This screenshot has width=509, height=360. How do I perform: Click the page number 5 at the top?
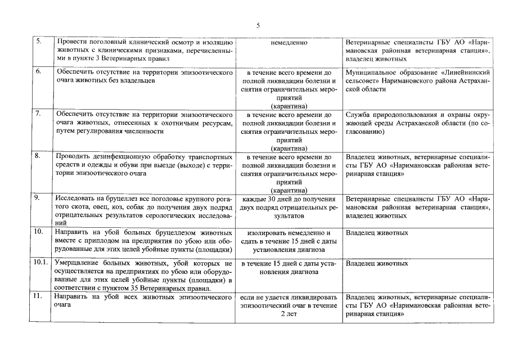pyautogui.click(x=258, y=25)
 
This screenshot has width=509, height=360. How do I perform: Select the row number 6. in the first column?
pyautogui.click(x=38, y=73)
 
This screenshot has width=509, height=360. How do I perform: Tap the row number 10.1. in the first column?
pyautogui.click(x=40, y=263)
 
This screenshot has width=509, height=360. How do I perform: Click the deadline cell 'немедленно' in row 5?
pyautogui.click(x=289, y=42)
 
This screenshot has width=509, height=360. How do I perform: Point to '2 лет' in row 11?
pyautogui.click(x=289, y=313)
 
